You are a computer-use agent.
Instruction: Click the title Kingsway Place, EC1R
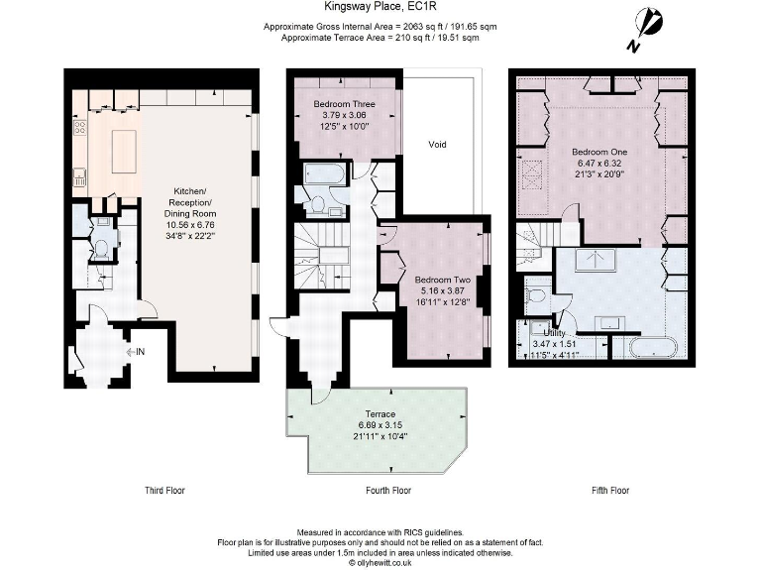[380, 6]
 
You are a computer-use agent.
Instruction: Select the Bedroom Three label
[343, 103]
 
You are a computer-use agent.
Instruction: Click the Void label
[437, 145]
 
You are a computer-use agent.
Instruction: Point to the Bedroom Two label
[443, 279]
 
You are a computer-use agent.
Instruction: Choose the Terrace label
[380, 413]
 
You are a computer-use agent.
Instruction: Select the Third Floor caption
[163, 491]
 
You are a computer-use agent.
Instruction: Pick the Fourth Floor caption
[388, 491]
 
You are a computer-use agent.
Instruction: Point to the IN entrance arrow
[136, 351]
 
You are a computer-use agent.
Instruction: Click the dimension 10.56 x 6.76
[189, 224]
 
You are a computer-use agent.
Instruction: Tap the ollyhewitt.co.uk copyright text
[380, 563]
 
